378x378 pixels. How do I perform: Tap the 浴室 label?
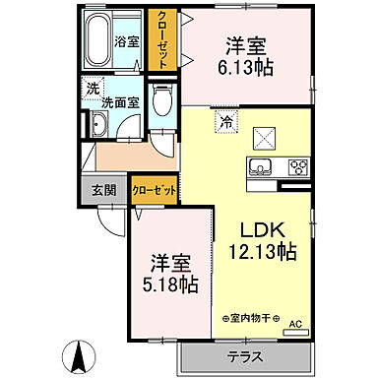tap(127, 41)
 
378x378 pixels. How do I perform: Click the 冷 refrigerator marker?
tap(225, 122)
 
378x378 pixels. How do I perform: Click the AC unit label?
tap(293, 321)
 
